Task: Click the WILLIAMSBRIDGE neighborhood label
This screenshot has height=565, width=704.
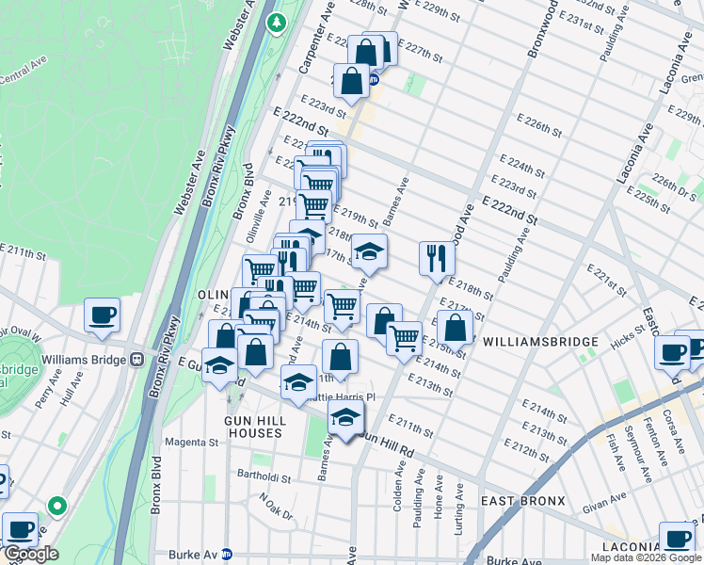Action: point(541,341)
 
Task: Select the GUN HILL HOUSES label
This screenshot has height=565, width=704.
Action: point(252,426)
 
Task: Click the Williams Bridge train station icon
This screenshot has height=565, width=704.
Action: point(137,359)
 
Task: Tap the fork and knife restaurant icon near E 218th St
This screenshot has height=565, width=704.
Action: point(436,259)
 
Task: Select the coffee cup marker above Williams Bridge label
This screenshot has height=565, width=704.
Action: point(102,315)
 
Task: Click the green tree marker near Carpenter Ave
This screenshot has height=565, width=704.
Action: point(277,21)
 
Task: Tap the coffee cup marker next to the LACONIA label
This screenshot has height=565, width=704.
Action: point(676,538)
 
